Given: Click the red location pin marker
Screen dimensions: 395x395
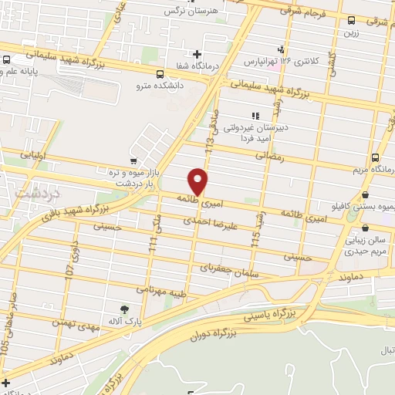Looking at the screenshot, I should [x=198, y=181].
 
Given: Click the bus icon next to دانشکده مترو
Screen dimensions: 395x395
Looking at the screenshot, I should [x=160, y=75].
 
